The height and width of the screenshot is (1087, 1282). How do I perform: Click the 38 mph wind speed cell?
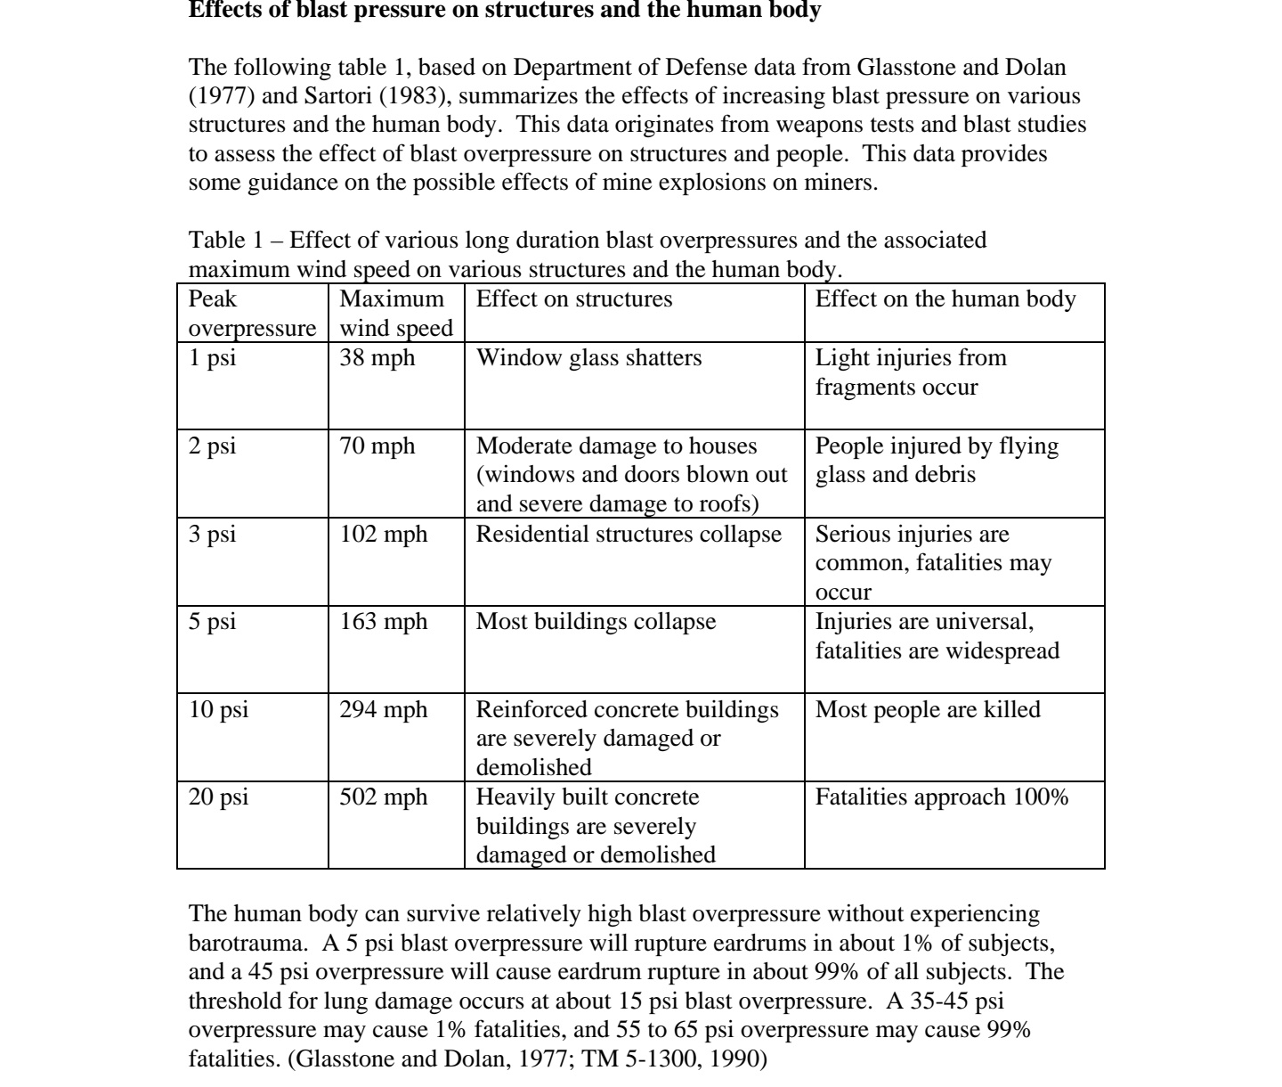click(x=377, y=358)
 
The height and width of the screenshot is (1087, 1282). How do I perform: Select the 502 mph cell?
click(x=384, y=797)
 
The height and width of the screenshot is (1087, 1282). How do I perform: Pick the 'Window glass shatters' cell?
click(x=588, y=358)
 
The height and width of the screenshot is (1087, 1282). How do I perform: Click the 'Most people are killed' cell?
click(x=928, y=710)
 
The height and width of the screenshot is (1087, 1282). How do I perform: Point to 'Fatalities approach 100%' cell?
click(x=942, y=797)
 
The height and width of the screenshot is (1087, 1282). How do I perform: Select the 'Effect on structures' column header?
click(x=574, y=299)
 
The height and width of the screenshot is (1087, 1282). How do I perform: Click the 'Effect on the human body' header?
click(x=945, y=299)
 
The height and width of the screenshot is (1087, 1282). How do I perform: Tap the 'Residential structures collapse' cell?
click(x=629, y=535)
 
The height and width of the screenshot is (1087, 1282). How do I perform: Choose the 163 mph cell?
click(x=384, y=622)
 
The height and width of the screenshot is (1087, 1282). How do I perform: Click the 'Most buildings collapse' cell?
click(x=596, y=622)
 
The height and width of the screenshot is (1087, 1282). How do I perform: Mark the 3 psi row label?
click(x=213, y=535)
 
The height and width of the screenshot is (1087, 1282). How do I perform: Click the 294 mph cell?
click(x=384, y=710)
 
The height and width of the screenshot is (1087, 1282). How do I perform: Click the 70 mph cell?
click(x=377, y=446)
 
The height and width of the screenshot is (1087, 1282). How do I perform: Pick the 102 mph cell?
click(x=384, y=535)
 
